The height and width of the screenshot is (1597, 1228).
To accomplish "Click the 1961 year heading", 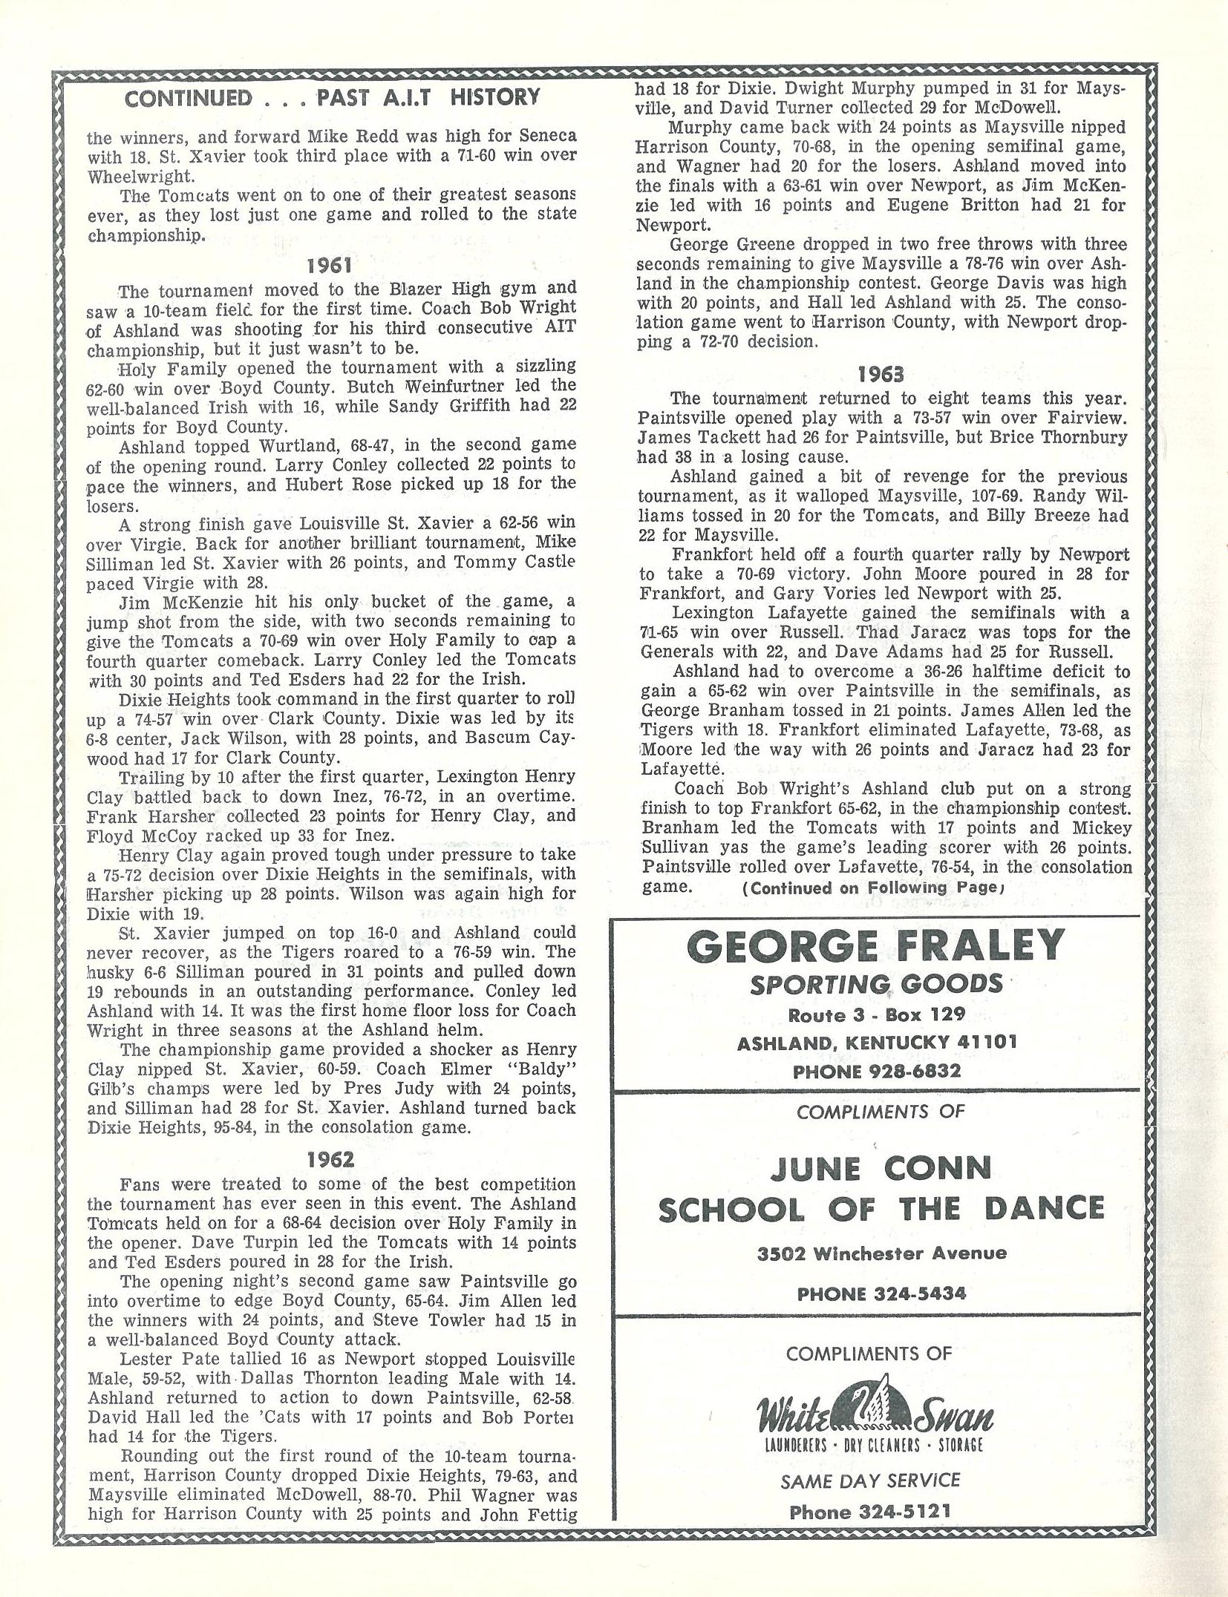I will [331, 266].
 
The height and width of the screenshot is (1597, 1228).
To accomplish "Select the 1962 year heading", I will [331, 1160].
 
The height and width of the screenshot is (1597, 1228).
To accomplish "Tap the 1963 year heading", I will [881, 373].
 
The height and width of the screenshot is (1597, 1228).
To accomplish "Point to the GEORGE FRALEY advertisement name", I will [876, 947].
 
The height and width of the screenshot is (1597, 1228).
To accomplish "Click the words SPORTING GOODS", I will [876, 985].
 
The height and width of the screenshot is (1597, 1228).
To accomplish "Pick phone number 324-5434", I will [918, 1294].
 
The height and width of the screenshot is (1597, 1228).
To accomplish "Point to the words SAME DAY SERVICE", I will [870, 1480].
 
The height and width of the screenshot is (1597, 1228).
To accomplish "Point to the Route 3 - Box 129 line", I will [876, 1014].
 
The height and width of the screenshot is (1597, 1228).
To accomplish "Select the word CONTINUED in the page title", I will [189, 98].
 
